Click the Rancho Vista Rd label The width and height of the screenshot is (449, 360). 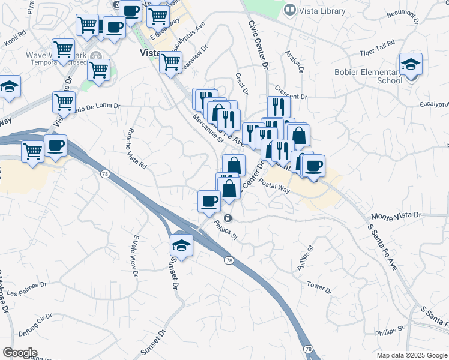[x=136, y=149]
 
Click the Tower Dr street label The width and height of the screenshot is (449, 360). [x=319, y=286]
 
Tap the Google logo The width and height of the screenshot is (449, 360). [x=20, y=353]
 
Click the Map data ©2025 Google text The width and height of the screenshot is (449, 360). [x=411, y=355]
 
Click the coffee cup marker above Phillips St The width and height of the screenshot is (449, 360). [x=209, y=201]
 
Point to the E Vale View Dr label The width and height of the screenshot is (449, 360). [x=136, y=257]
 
